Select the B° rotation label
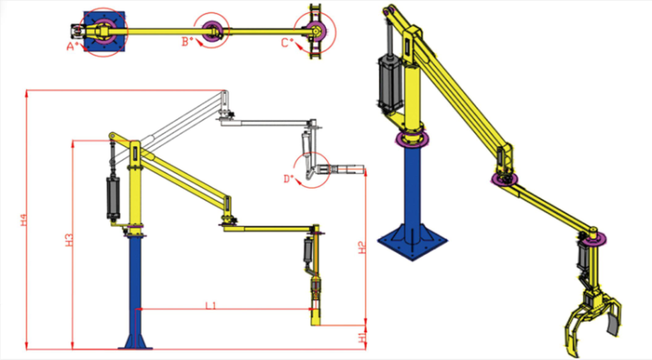(x=187, y=41)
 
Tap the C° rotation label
(x=286, y=42)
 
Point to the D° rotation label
(x=289, y=179)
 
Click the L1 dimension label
(x=211, y=304)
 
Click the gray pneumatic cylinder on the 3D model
(x=385, y=83)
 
